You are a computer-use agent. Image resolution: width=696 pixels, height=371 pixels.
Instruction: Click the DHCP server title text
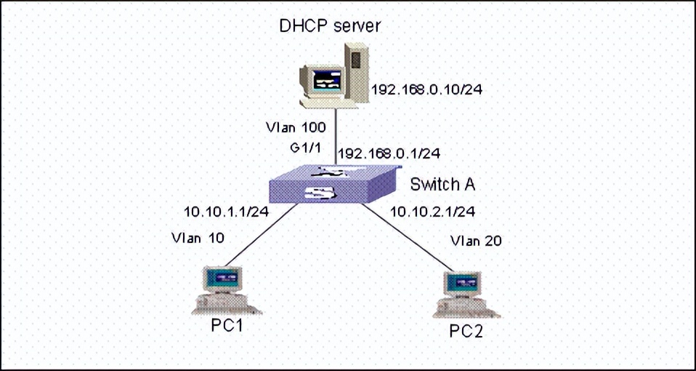pyautogui.click(x=331, y=26)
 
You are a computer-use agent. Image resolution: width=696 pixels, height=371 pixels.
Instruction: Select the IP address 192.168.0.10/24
pyautogui.click(x=427, y=90)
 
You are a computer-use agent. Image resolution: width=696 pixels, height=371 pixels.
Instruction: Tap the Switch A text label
pyautogui.click(x=442, y=185)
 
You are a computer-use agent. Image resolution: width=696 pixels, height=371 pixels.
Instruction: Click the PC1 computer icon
pyautogui.click(x=221, y=290)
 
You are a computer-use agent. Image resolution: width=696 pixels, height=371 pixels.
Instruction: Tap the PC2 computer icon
pyautogui.click(x=464, y=295)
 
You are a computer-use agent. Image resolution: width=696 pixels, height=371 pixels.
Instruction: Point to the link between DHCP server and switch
pyautogui.click(x=334, y=135)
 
